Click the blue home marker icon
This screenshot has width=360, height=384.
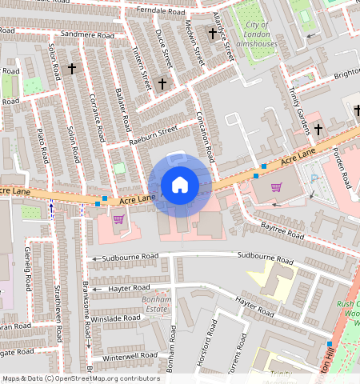pos(180,186)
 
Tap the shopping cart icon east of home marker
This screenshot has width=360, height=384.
pos(277,188)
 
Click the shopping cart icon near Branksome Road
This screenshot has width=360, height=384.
pos(118,219)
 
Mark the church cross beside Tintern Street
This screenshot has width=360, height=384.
pos(162,83)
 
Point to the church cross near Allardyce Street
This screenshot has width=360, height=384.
pos(212,34)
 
